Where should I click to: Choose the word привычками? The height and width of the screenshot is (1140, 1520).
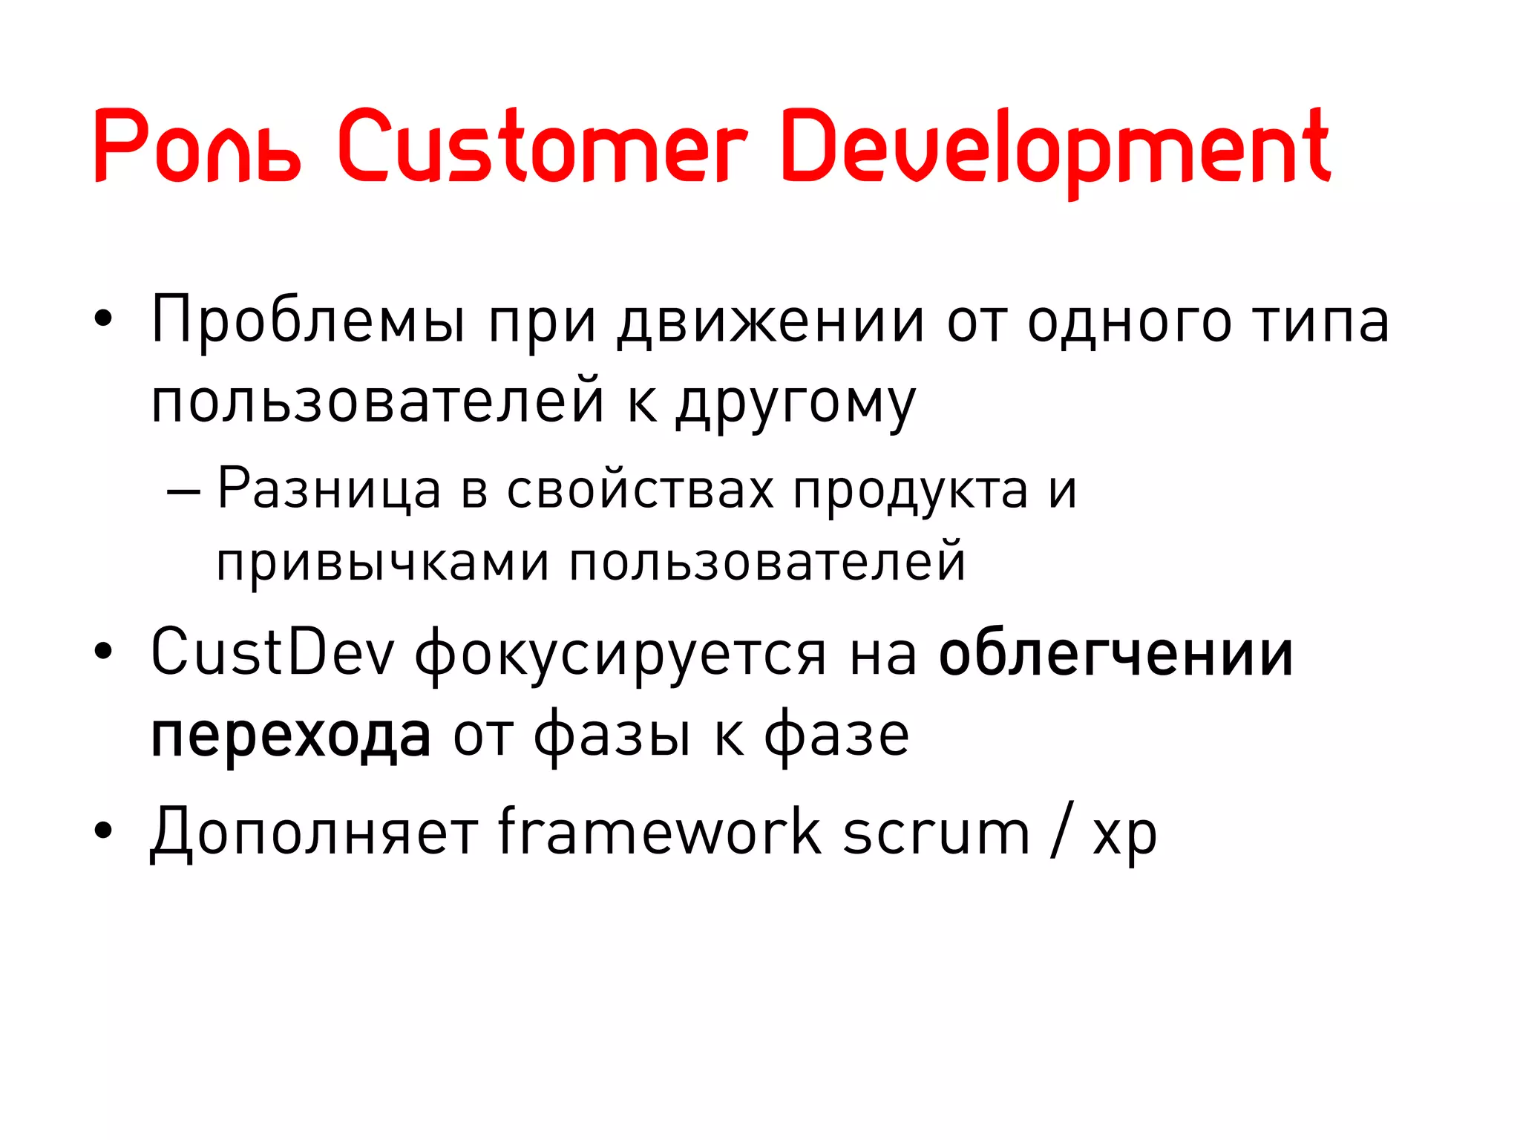(383, 563)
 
